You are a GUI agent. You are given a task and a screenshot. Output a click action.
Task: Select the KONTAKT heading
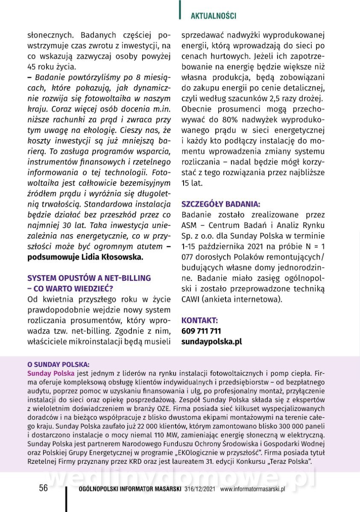click(x=199, y=320)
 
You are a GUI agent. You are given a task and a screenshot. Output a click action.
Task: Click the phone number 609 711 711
click(x=201, y=331)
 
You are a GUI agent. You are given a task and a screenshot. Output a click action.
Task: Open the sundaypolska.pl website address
click(x=211, y=342)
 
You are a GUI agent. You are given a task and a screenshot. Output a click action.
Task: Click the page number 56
click(x=44, y=488)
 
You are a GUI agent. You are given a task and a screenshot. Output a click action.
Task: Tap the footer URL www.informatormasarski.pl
click(x=252, y=489)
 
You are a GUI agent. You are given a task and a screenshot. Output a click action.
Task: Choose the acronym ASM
click(x=189, y=225)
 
